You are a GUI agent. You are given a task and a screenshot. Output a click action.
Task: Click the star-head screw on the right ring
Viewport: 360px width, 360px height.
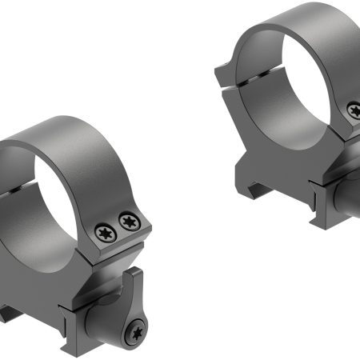coord(352,110)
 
